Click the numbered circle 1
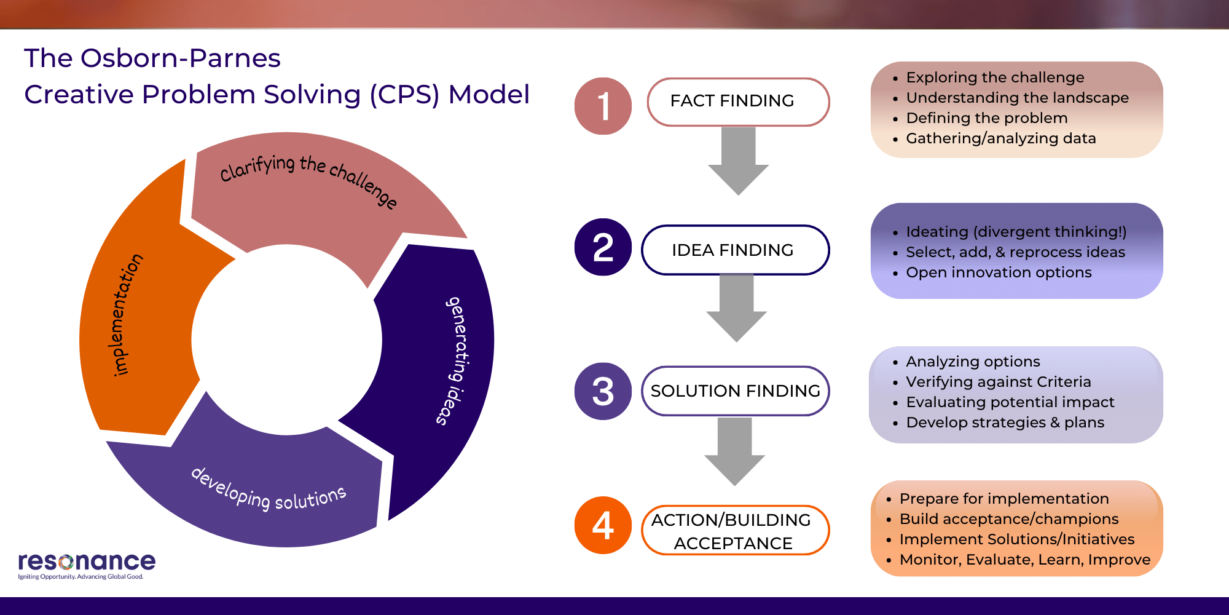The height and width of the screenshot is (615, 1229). (603, 106)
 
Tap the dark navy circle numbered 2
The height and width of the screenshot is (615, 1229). (603, 247)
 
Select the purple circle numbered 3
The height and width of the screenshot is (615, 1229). (603, 391)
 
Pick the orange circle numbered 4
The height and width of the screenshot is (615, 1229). (603, 525)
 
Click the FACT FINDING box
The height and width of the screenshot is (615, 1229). (738, 101)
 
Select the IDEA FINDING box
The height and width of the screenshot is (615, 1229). (735, 250)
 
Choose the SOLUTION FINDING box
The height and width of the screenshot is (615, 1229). (735, 391)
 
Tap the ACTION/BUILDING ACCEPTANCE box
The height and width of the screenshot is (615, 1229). (735, 531)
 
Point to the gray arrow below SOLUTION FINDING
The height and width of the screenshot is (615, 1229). (734, 452)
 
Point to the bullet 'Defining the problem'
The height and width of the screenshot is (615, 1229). (986, 118)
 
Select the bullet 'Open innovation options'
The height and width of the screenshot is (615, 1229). (999, 272)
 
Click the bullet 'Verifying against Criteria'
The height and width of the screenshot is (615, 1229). (999, 382)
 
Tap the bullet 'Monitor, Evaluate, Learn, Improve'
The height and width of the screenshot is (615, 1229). (1024, 560)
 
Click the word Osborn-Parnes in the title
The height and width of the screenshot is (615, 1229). (180, 58)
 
